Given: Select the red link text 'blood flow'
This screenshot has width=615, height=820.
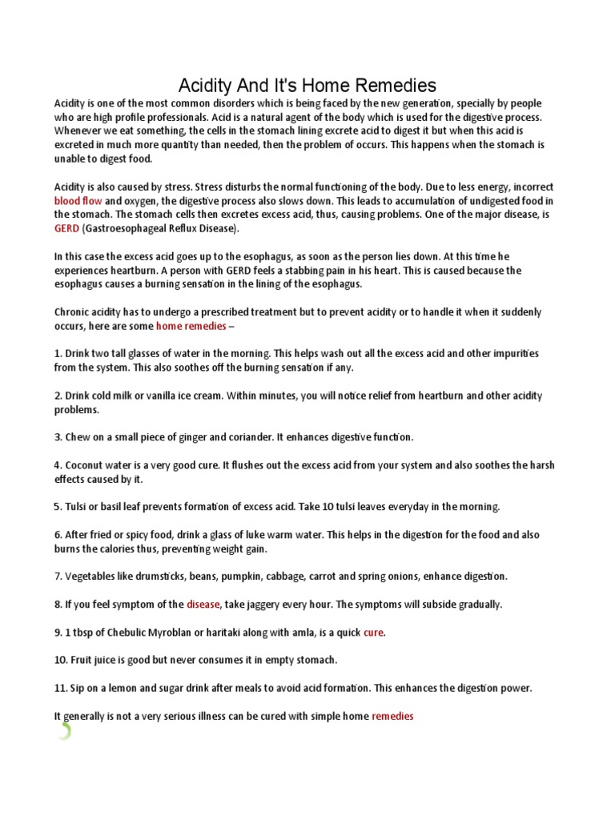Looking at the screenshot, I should pyautogui.click(x=78, y=200).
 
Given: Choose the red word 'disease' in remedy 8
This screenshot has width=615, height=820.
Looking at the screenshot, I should pyautogui.click(x=203, y=605).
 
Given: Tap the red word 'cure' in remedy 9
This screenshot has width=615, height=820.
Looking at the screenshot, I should pyautogui.click(x=373, y=633).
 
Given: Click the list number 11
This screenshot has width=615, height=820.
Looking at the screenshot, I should pyautogui.click(x=60, y=689).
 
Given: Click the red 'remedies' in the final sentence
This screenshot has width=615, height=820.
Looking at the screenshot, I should pyautogui.click(x=392, y=717).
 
